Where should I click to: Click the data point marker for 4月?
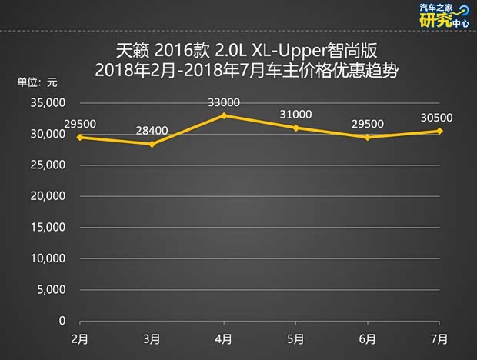click(x=224, y=115)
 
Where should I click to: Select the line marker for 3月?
click(x=152, y=144)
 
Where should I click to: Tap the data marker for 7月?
click(x=439, y=131)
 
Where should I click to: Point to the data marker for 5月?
click(x=295, y=128)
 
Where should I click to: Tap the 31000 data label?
click(x=295, y=115)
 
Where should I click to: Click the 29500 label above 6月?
click(x=367, y=124)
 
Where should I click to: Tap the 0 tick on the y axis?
click(x=63, y=321)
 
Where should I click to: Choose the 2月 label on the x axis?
click(x=79, y=338)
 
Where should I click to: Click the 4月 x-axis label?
click(x=224, y=338)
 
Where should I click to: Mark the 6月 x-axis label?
click(x=367, y=338)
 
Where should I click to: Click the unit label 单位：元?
click(x=37, y=82)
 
